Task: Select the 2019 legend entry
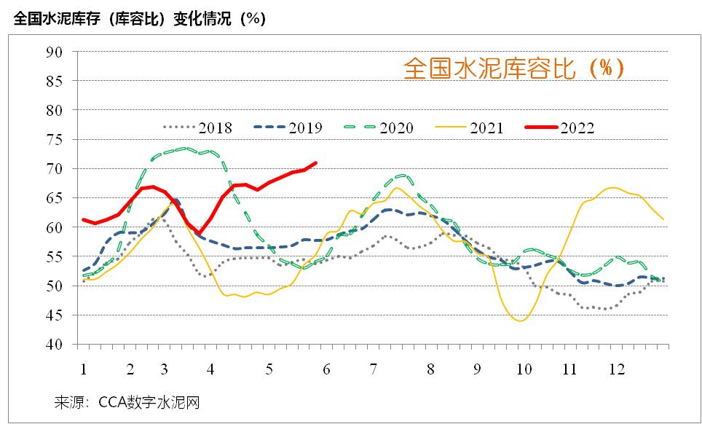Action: [x=288, y=128]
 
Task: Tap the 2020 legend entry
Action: [x=379, y=128]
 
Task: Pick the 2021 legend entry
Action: [x=470, y=128]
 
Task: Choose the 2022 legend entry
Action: [x=561, y=128]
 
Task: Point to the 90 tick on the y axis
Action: [x=55, y=52]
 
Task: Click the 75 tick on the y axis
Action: [x=55, y=139]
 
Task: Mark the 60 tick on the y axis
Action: [x=55, y=227]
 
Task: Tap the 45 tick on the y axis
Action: [x=55, y=315]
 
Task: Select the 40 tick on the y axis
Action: [x=55, y=345]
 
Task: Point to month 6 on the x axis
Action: [x=326, y=369]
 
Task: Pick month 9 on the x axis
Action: [x=478, y=369]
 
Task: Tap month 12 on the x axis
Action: [x=616, y=369]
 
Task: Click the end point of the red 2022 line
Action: [x=315, y=162]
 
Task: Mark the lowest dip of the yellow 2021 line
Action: [x=521, y=321]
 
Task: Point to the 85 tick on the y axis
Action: [x=55, y=81]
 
